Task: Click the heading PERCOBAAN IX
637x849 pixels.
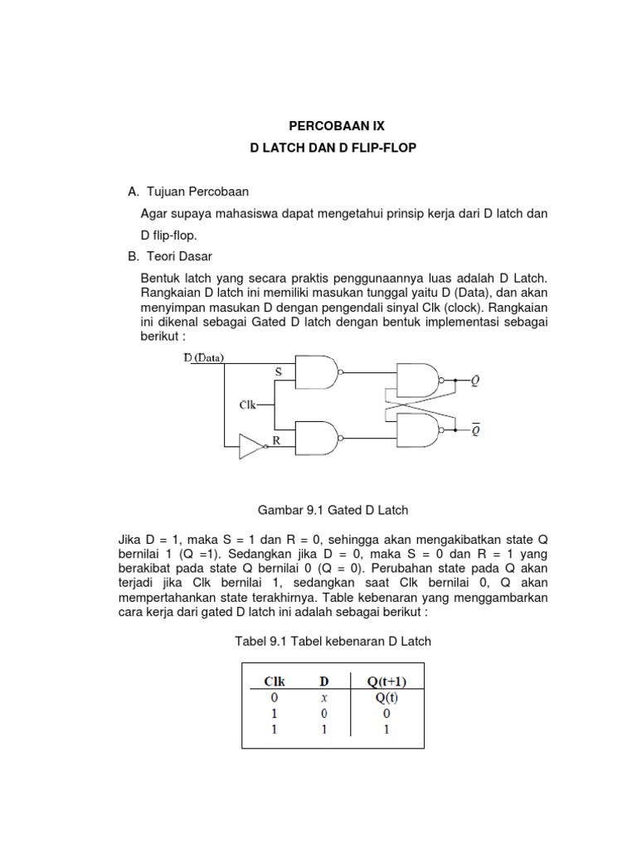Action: tap(337, 126)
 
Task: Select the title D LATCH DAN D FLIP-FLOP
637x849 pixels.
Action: tap(337, 148)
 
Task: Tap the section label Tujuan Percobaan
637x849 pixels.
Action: tap(196, 192)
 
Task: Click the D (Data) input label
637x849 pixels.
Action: tap(203, 358)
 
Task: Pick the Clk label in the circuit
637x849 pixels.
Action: tap(247, 405)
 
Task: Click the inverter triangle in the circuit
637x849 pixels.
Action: tap(250, 446)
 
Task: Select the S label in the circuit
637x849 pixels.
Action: tap(279, 374)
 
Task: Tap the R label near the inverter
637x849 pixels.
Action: tap(277, 442)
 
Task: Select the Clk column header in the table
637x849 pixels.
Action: tap(275, 682)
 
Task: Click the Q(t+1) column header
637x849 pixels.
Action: tap(387, 682)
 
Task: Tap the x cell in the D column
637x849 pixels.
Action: tap(325, 698)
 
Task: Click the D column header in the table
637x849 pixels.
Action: tap(325, 682)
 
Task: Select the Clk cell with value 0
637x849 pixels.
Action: tap(274, 698)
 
